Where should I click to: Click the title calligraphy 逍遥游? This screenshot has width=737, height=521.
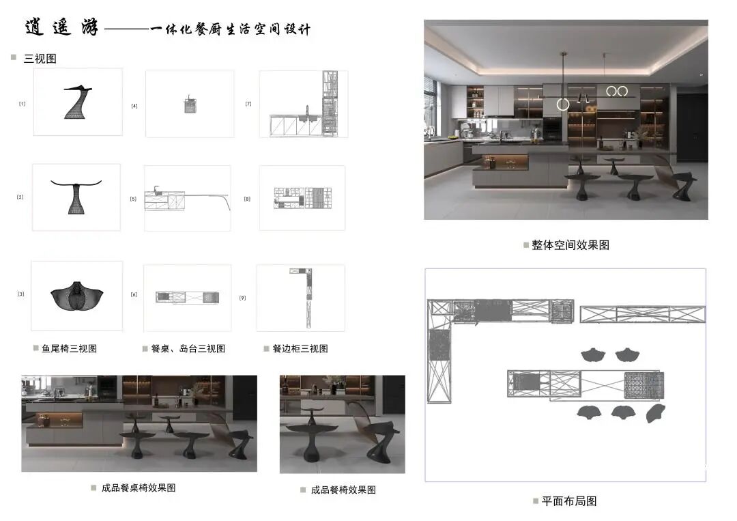coord(61,28)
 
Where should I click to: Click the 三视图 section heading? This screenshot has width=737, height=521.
coord(40,59)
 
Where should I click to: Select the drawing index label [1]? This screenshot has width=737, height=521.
coord(23,104)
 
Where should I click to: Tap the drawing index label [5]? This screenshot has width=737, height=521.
coord(134,199)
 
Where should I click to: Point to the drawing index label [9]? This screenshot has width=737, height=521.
coord(243,298)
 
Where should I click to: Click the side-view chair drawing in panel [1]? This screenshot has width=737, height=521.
coord(77,102)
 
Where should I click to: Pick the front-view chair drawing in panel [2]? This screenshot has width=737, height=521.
coord(76,195)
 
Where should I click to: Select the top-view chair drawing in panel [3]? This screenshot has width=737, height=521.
coord(76,296)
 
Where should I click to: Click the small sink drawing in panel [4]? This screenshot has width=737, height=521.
coord(190,105)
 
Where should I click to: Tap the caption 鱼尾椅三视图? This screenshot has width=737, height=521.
coord(69,348)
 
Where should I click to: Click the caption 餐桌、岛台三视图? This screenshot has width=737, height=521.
coord(188,348)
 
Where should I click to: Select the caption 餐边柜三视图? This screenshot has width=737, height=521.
coord(300,348)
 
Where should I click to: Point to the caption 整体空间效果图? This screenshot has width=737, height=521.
coord(570,244)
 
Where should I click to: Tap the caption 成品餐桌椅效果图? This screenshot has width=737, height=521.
coord(139,488)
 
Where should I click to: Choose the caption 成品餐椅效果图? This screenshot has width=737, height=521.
coord(343,490)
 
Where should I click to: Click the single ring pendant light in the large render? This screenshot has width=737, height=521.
coord(563,104)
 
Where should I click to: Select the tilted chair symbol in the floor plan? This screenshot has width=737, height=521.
coord(656,412)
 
